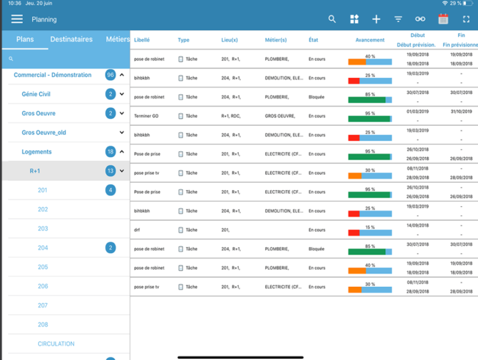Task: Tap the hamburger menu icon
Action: tap(17, 19)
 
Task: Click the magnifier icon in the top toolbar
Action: tap(332, 19)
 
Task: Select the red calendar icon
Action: tap(443, 19)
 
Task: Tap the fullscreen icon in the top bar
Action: tap(466, 19)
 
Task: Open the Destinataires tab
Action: tap(72, 39)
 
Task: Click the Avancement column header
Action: tap(370, 40)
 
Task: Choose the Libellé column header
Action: tap(142, 40)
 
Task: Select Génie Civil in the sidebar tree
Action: tap(36, 94)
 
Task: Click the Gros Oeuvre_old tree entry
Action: tap(44, 133)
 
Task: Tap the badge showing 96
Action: tap(110, 75)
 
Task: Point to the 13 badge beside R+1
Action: tap(110, 171)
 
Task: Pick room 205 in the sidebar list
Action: tap(43, 267)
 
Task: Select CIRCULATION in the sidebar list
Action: tap(56, 343)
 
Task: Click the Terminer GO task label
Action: tap(146, 116)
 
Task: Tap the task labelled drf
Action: tap(137, 230)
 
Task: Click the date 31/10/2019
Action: tap(461, 111)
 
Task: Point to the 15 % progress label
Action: tap(370, 227)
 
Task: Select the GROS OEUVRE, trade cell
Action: tap(279, 116)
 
